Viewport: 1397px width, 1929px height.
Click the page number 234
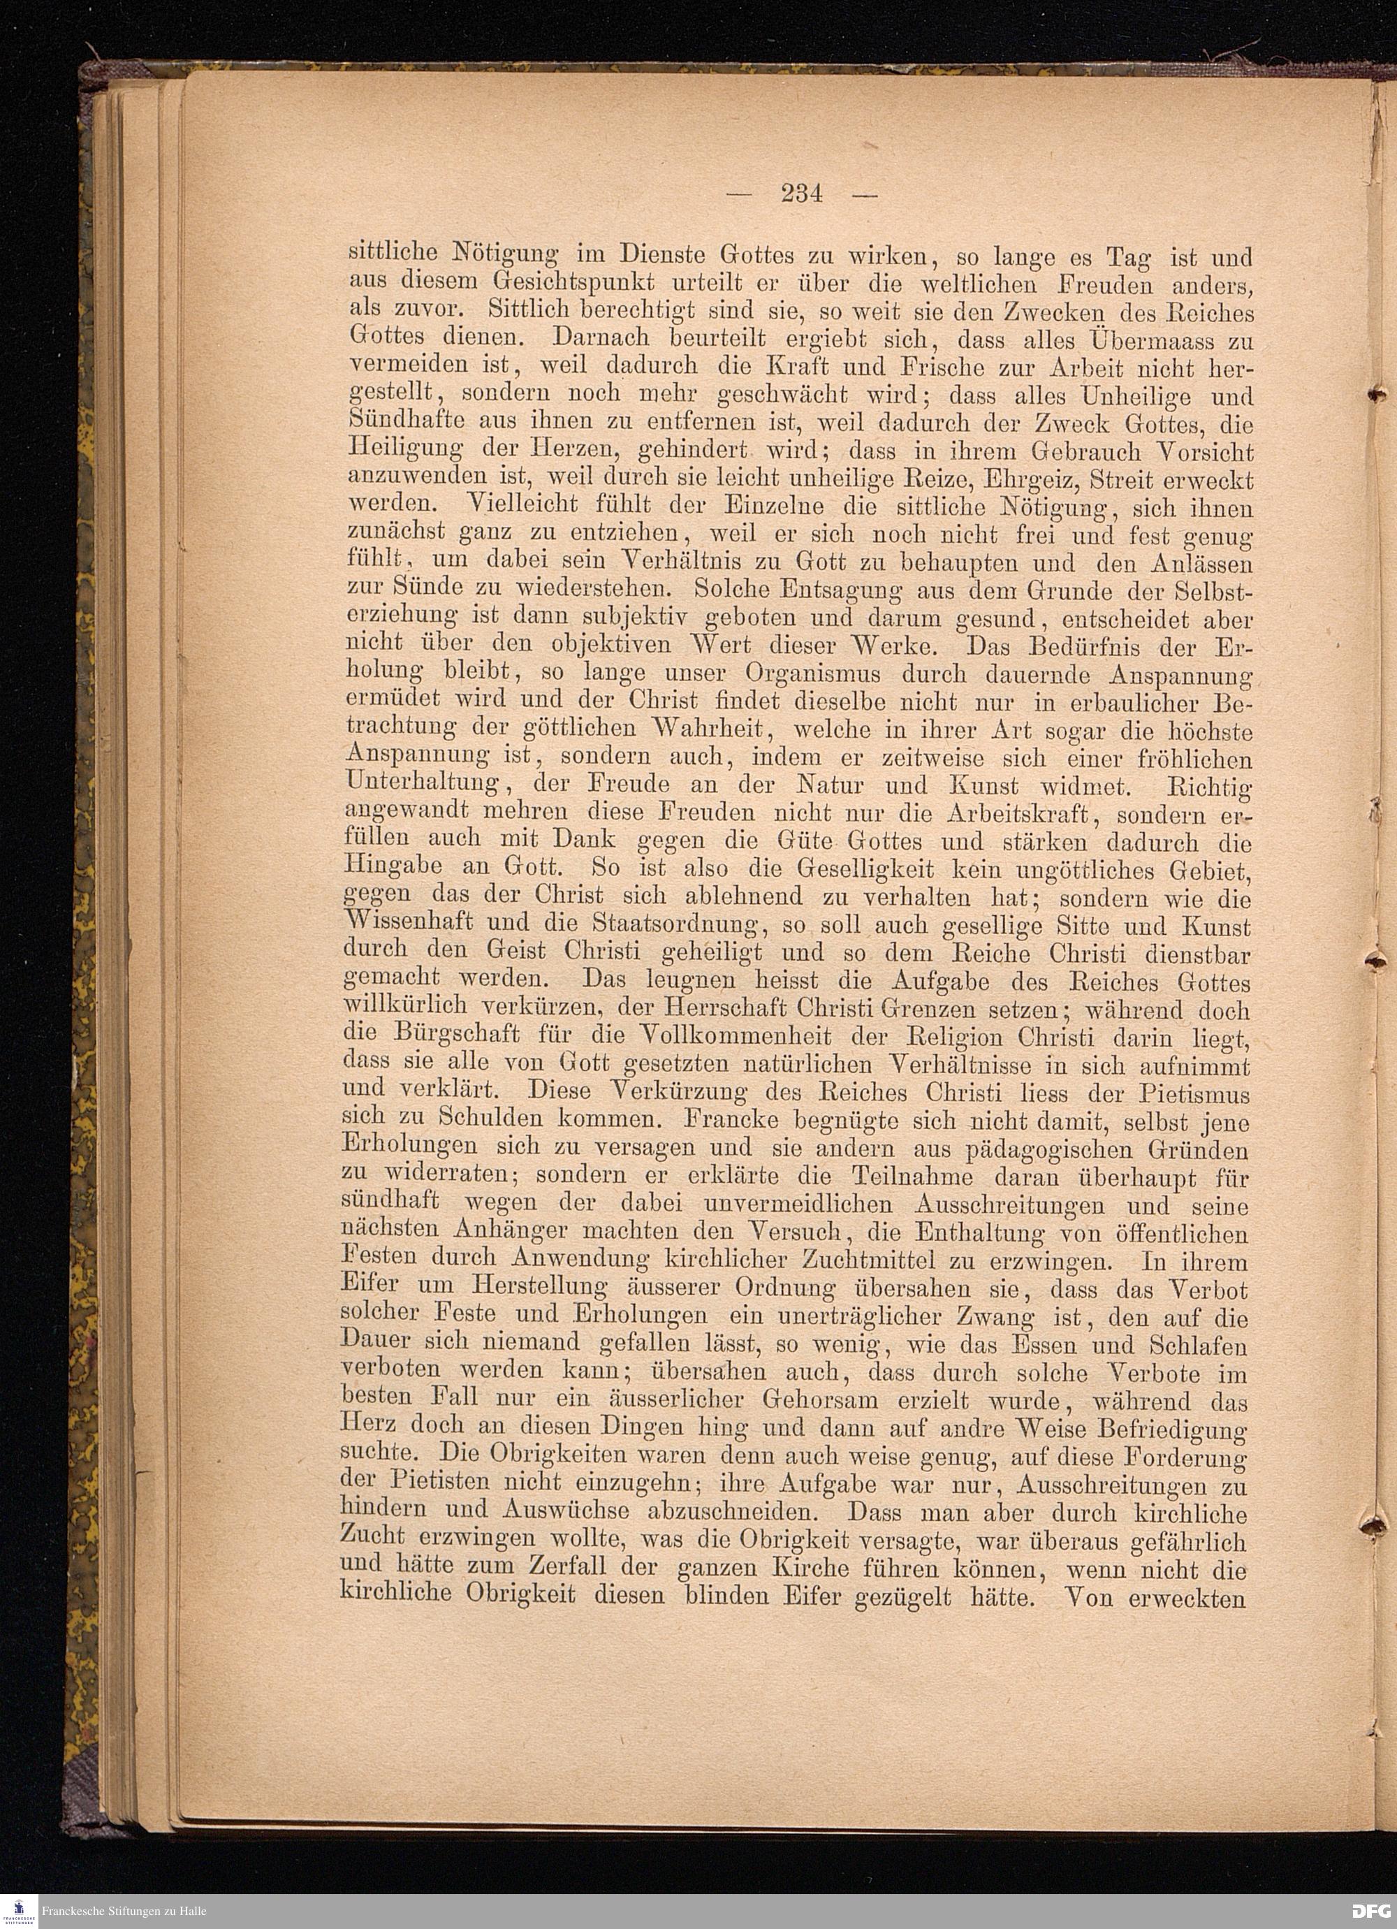pos(802,194)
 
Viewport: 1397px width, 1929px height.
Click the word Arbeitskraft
pos(1017,813)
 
